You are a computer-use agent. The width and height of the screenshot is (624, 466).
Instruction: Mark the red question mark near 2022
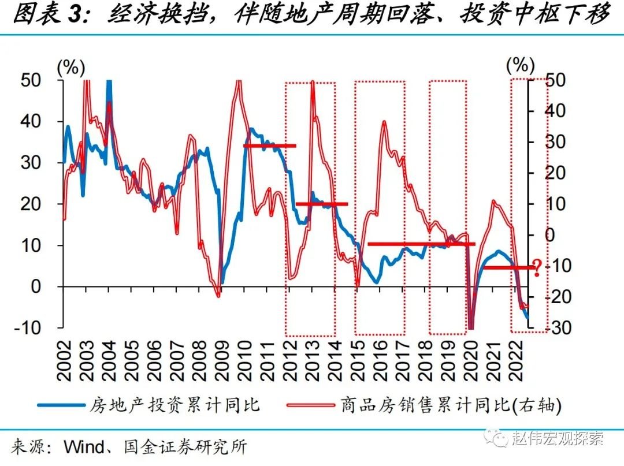tap(537, 267)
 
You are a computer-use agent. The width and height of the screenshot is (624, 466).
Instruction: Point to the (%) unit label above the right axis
tap(521, 66)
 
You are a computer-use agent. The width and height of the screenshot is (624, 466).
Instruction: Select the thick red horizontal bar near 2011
tap(270, 146)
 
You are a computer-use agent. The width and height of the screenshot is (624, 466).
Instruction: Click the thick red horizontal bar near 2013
tap(322, 204)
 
